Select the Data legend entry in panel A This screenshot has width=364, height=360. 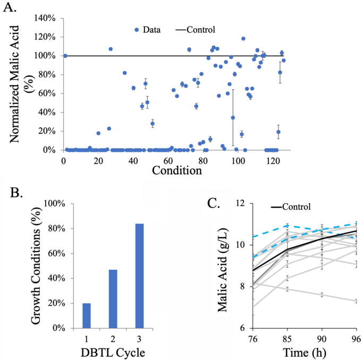pos(150,30)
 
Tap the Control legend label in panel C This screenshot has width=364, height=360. pos(291,207)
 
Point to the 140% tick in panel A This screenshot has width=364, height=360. pos(47,18)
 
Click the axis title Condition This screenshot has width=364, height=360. pos(176,171)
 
